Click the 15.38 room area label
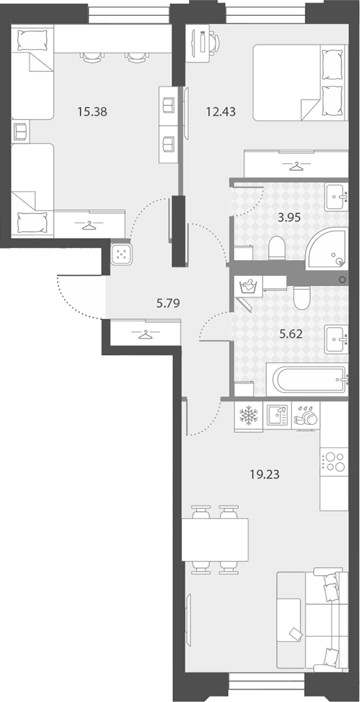(92, 112)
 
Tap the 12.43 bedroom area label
(221, 112)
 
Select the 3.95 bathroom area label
(289, 217)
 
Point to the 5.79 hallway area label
(168, 303)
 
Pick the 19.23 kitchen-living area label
(265, 474)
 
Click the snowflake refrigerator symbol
(248, 416)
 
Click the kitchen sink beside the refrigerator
(277, 416)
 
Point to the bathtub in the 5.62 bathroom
(309, 380)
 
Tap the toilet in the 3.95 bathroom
(277, 247)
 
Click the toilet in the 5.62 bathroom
(302, 297)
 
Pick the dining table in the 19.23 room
(215, 540)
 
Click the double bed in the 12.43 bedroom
(300, 82)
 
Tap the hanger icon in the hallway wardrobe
(145, 333)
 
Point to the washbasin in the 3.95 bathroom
(336, 197)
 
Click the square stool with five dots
(121, 254)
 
